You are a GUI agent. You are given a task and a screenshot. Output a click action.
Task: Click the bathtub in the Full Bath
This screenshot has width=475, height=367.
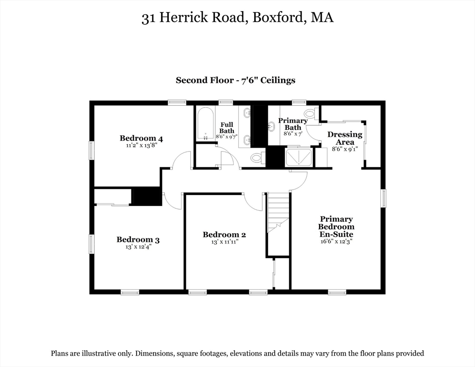pyautogui.click(x=205, y=124)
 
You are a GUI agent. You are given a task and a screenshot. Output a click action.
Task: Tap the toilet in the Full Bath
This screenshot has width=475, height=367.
pyautogui.click(x=257, y=158)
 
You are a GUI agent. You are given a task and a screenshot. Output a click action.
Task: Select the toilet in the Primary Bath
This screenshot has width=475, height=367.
pyautogui.click(x=310, y=114)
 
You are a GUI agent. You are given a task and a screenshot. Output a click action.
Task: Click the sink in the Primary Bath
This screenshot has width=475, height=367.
pyautogui.click(x=271, y=126)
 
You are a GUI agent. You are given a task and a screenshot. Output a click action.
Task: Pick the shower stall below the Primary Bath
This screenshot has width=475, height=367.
pyautogui.click(x=298, y=157)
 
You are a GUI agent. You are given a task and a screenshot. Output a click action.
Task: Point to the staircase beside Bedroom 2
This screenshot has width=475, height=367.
pyautogui.click(x=278, y=213)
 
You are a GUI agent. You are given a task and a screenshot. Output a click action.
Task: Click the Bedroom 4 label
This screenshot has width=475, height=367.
pyautogui.click(x=141, y=139)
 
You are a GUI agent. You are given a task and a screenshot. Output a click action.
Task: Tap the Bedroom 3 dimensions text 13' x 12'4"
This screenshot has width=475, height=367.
pyautogui.click(x=138, y=247)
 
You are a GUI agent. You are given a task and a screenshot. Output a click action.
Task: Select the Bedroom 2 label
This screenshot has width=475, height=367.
pyautogui.click(x=224, y=235)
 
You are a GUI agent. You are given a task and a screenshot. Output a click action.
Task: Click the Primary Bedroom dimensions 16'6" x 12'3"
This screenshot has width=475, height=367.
pyautogui.click(x=336, y=241)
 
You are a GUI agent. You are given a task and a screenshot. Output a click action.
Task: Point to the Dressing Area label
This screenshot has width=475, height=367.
pyautogui.click(x=345, y=138)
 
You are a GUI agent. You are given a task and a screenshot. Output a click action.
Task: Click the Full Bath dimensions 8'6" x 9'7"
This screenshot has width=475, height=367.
pyautogui.click(x=226, y=137)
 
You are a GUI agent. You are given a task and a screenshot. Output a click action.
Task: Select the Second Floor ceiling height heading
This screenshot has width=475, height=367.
pyautogui.click(x=235, y=80)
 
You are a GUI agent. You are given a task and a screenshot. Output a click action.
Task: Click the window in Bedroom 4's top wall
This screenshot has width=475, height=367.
pyautogui.click(x=177, y=102)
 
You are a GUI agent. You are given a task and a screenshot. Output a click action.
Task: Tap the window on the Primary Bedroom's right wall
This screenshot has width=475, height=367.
pyautogui.click(x=383, y=198)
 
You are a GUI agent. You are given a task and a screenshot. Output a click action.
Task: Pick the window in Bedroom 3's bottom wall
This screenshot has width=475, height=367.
pyautogui.click(x=130, y=292)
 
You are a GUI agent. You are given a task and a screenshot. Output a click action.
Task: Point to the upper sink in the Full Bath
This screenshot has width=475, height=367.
pyautogui.click(x=247, y=114)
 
